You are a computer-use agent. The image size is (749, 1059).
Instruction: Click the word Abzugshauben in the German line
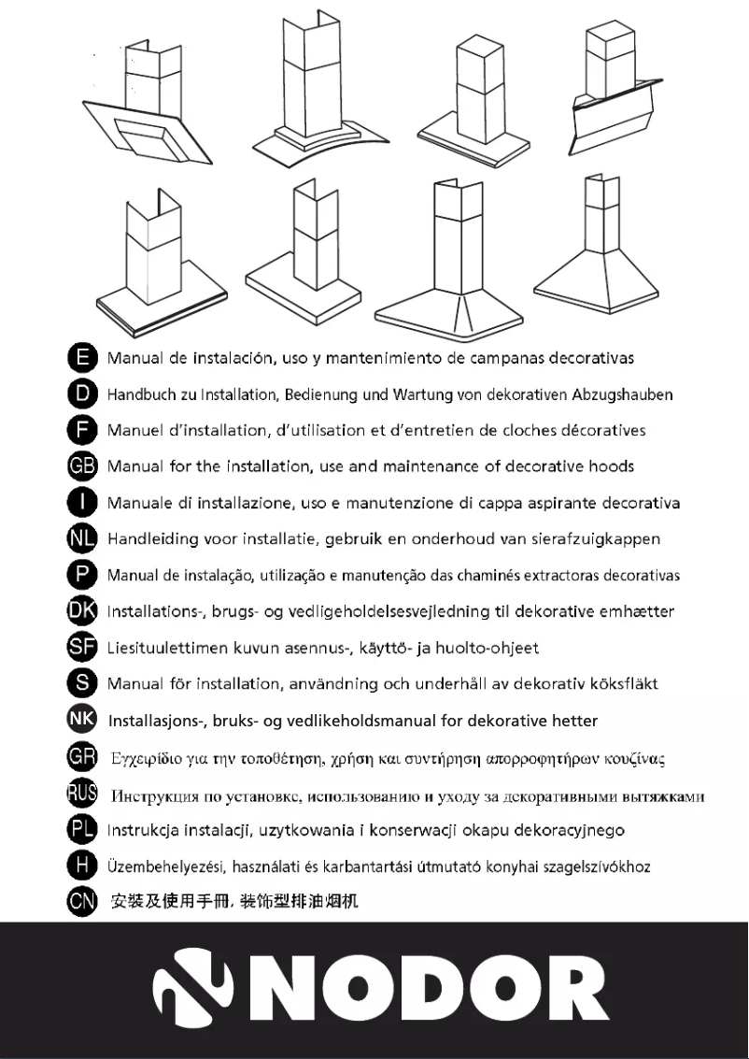pyautogui.click(x=626, y=394)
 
